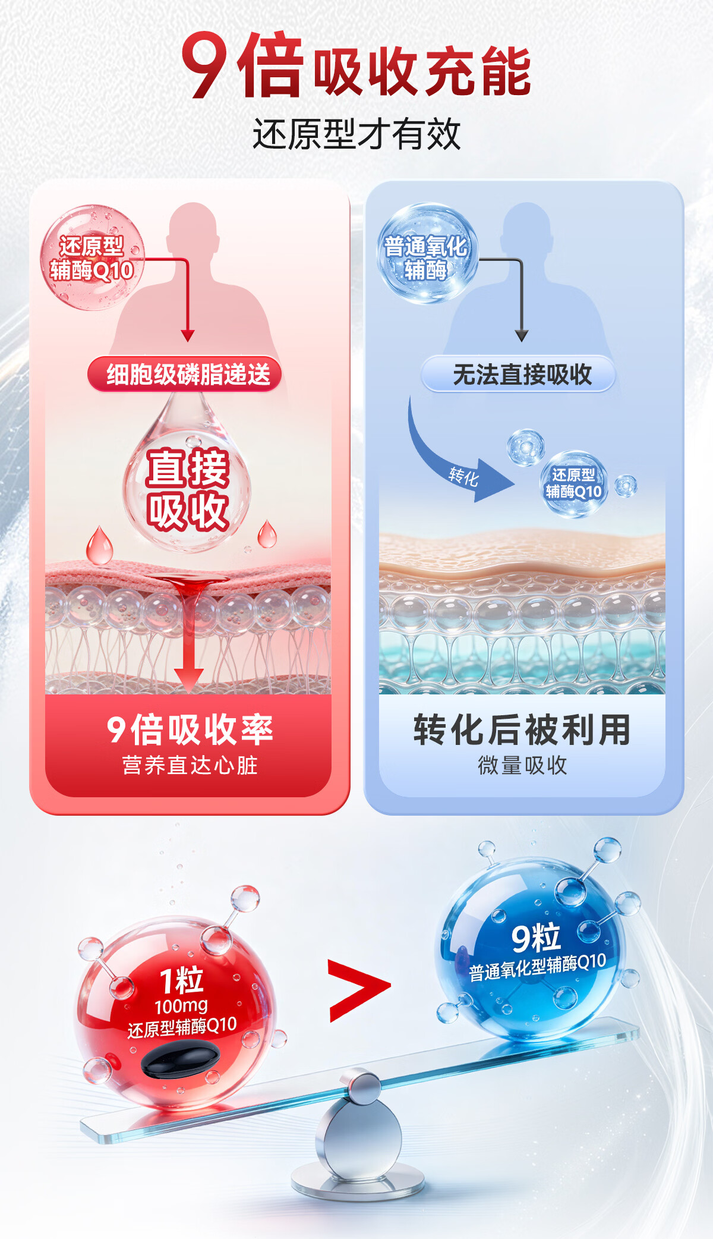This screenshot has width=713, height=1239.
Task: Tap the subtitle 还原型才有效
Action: (x=356, y=134)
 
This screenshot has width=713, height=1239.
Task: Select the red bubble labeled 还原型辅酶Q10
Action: (x=92, y=258)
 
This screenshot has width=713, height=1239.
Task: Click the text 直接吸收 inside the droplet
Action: (x=188, y=489)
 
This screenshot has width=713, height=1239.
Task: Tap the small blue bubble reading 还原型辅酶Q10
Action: (x=573, y=483)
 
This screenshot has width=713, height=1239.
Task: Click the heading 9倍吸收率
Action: (x=189, y=729)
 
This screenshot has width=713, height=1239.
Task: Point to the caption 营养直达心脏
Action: (x=189, y=765)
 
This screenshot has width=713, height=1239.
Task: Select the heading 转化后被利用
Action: (x=521, y=729)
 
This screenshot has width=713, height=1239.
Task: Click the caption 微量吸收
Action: (x=522, y=765)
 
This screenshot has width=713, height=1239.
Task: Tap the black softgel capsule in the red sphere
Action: (x=180, y=1060)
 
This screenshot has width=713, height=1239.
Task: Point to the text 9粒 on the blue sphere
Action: (x=536, y=938)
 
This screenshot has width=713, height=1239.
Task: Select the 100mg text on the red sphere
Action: (x=181, y=1006)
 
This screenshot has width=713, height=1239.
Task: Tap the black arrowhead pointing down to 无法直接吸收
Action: (x=522, y=336)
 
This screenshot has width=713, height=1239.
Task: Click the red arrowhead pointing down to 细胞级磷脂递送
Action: (x=188, y=336)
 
